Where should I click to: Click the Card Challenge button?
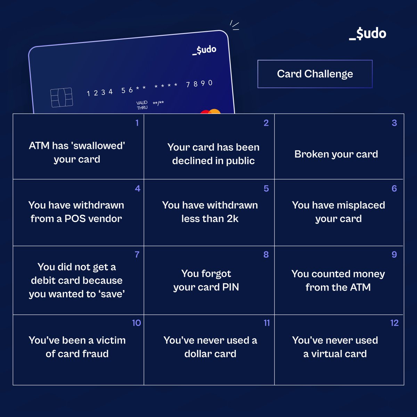[315, 74]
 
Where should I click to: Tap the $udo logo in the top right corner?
[368, 34]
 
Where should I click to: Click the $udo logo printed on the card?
[205, 50]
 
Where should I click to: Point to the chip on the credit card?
[62, 97]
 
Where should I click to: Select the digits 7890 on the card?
[199, 84]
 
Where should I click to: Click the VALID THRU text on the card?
[142, 105]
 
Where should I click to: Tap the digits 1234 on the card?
[100, 92]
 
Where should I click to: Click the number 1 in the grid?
[137, 123]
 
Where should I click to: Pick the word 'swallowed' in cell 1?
[98, 146]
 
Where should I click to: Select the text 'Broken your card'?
[336, 154]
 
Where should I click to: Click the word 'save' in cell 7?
[112, 294]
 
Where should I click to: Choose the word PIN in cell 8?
[231, 287]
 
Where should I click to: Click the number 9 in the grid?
[394, 255]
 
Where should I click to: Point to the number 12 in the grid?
[394, 323]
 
